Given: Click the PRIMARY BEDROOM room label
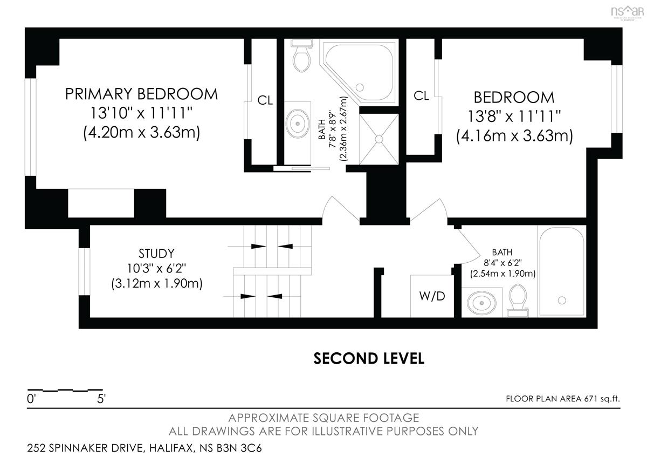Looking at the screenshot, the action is pyautogui.click(x=141, y=94).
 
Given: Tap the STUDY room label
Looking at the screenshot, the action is pyautogui.click(x=156, y=254).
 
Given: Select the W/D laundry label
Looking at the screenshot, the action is pyautogui.click(x=432, y=296).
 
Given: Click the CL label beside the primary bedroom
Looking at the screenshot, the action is pyautogui.click(x=265, y=100).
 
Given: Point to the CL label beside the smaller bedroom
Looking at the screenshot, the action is pyautogui.click(x=422, y=96).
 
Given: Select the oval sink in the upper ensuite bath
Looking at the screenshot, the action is pyautogui.click(x=298, y=124).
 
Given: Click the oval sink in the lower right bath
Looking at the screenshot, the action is pyautogui.click(x=481, y=303).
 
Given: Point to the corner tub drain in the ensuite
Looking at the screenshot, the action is pyautogui.click(x=360, y=87).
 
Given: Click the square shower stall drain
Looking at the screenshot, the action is pyautogui.click(x=379, y=139).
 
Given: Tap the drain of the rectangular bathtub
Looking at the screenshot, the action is pyautogui.click(x=562, y=301).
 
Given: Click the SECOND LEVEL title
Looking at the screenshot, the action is pyautogui.click(x=369, y=358).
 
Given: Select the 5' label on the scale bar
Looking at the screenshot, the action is pyautogui.click(x=101, y=399).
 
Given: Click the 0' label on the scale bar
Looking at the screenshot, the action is pyautogui.click(x=31, y=399).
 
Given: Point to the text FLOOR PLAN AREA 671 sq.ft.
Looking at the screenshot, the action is pyautogui.click(x=563, y=399).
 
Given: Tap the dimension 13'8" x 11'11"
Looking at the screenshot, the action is pyautogui.click(x=514, y=117).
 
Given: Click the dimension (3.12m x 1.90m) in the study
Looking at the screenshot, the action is pyautogui.click(x=157, y=283).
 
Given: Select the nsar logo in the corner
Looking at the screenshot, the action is pyautogui.click(x=628, y=12).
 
